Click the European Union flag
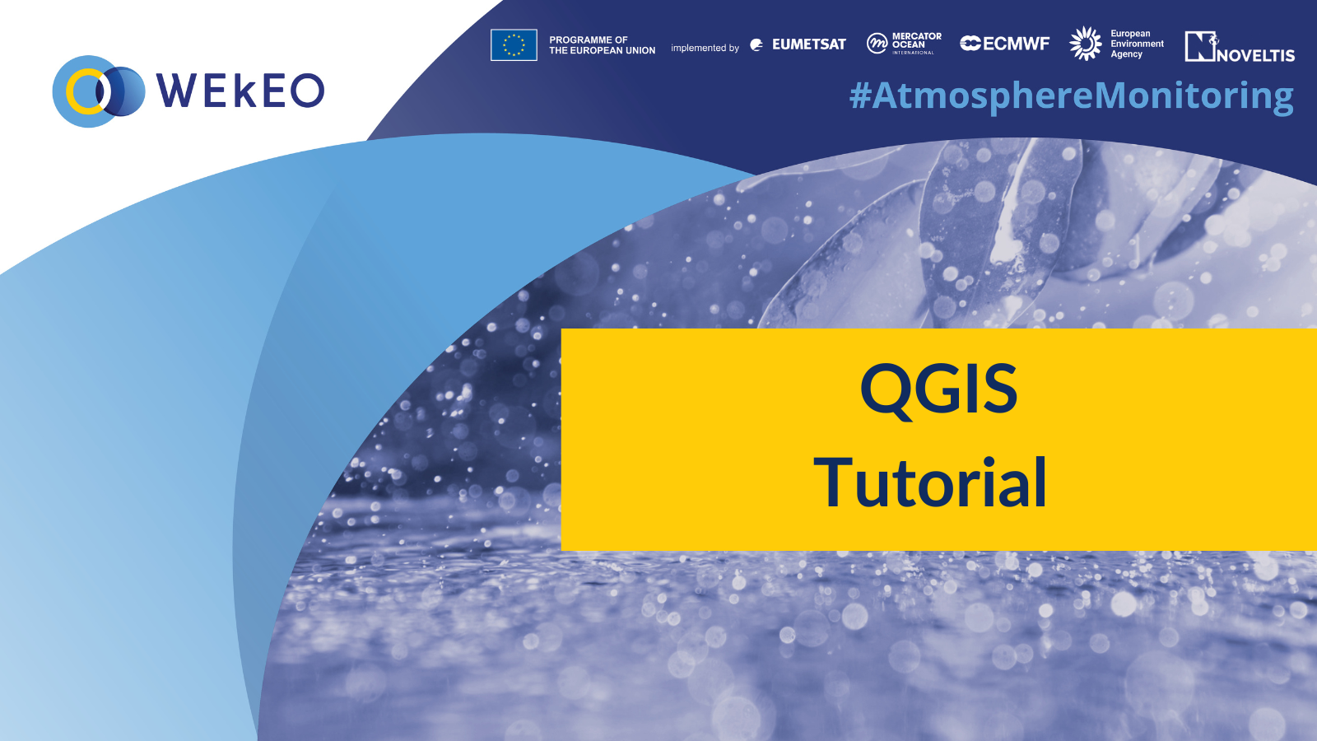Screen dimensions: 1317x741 514,44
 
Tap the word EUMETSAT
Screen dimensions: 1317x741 808,44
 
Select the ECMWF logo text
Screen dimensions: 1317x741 1005,44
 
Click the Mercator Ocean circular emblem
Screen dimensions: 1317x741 877,43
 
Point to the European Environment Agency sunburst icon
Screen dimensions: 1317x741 1086,43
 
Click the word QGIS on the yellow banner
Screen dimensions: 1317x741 938,389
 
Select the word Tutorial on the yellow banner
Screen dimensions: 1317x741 930,482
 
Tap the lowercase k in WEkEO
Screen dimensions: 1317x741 244,91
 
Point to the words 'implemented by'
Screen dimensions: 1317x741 705,48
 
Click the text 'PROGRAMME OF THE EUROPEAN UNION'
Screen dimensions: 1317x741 602,45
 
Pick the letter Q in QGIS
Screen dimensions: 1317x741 885,391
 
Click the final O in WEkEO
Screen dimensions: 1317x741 307,91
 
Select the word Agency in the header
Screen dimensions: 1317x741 1127,54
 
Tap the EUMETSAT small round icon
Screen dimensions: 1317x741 757,44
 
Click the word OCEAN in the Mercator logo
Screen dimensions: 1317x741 909,44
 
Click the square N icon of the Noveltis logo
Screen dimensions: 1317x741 1200,46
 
